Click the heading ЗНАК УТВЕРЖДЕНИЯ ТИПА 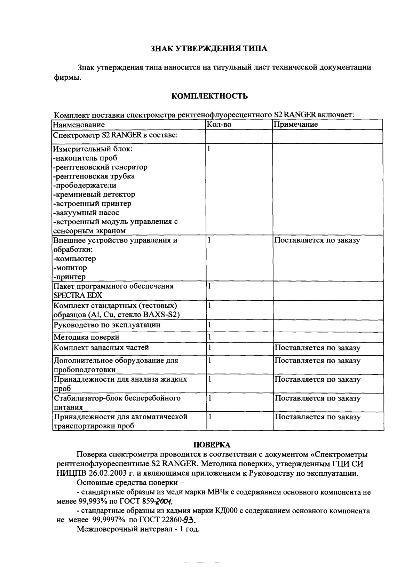(x=208, y=48)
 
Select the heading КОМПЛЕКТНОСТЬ (x=210, y=96)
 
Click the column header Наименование (x=79, y=125)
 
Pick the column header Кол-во (x=219, y=124)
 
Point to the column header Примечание (x=296, y=124)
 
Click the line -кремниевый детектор (x=94, y=194)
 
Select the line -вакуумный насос (x=86, y=212)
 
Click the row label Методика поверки (x=86, y=337)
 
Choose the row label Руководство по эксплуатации (x=106, y=325)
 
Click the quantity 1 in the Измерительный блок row (x=209, y=149)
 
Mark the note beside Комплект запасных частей (x=317, y=348)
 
